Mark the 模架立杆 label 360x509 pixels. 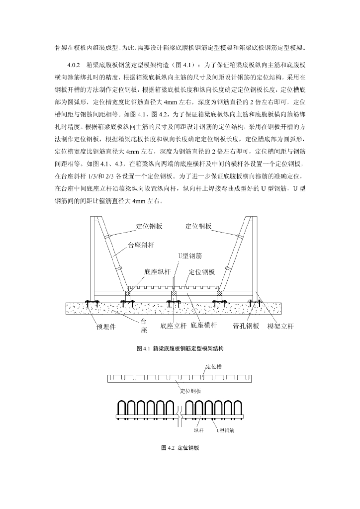(x=280, y=326)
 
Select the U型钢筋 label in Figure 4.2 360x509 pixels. (x=225, y=430)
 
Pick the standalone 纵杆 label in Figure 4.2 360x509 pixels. (x=198, y=430)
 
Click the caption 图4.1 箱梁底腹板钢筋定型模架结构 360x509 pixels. (x=180, y=349)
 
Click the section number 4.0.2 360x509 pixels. (x=73, y=65)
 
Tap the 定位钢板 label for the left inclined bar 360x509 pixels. (x=149, y=226)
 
